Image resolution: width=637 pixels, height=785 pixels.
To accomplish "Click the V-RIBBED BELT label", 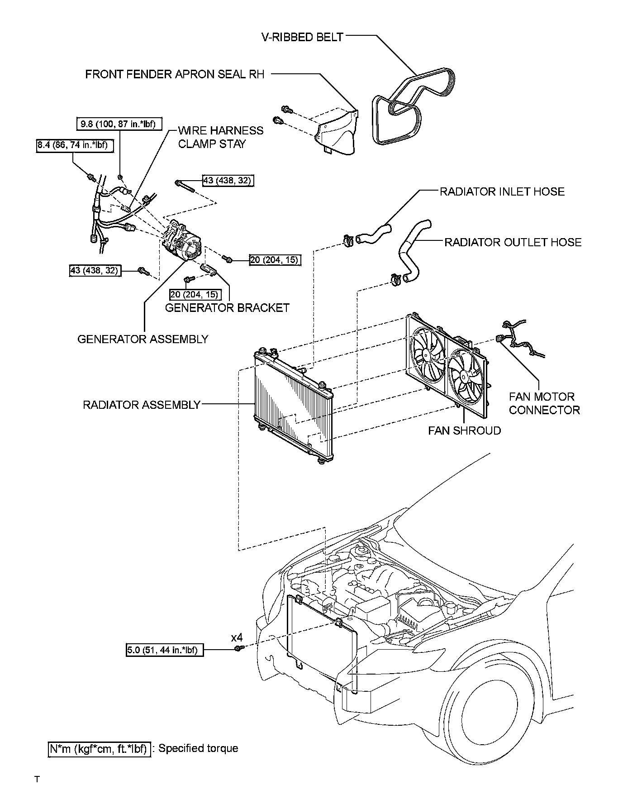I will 302,37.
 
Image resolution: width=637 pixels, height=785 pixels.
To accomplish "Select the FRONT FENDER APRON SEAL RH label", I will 175,74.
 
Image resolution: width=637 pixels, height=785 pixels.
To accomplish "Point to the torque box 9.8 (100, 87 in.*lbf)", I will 119,124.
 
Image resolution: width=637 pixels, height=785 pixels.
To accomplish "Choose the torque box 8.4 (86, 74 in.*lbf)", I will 75,145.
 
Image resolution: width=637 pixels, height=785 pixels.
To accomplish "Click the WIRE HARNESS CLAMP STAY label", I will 220,137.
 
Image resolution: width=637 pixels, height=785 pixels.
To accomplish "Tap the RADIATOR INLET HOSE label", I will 502,191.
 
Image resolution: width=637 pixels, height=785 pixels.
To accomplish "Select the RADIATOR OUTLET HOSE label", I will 513,242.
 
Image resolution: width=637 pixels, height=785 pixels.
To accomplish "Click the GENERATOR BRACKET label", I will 227,308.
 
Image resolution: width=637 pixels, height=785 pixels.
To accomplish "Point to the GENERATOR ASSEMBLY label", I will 143,339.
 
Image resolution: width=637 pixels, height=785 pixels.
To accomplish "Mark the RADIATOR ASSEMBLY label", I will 141,405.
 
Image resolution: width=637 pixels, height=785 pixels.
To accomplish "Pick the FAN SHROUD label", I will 465,431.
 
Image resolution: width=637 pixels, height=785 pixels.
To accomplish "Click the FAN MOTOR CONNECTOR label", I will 544,403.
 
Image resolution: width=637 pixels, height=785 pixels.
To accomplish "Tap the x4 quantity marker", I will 237,638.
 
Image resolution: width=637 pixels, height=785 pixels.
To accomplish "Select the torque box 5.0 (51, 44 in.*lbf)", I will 164,650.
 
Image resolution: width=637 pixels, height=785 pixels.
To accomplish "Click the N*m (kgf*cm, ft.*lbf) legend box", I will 99,749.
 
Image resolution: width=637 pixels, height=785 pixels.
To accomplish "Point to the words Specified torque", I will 198,748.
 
